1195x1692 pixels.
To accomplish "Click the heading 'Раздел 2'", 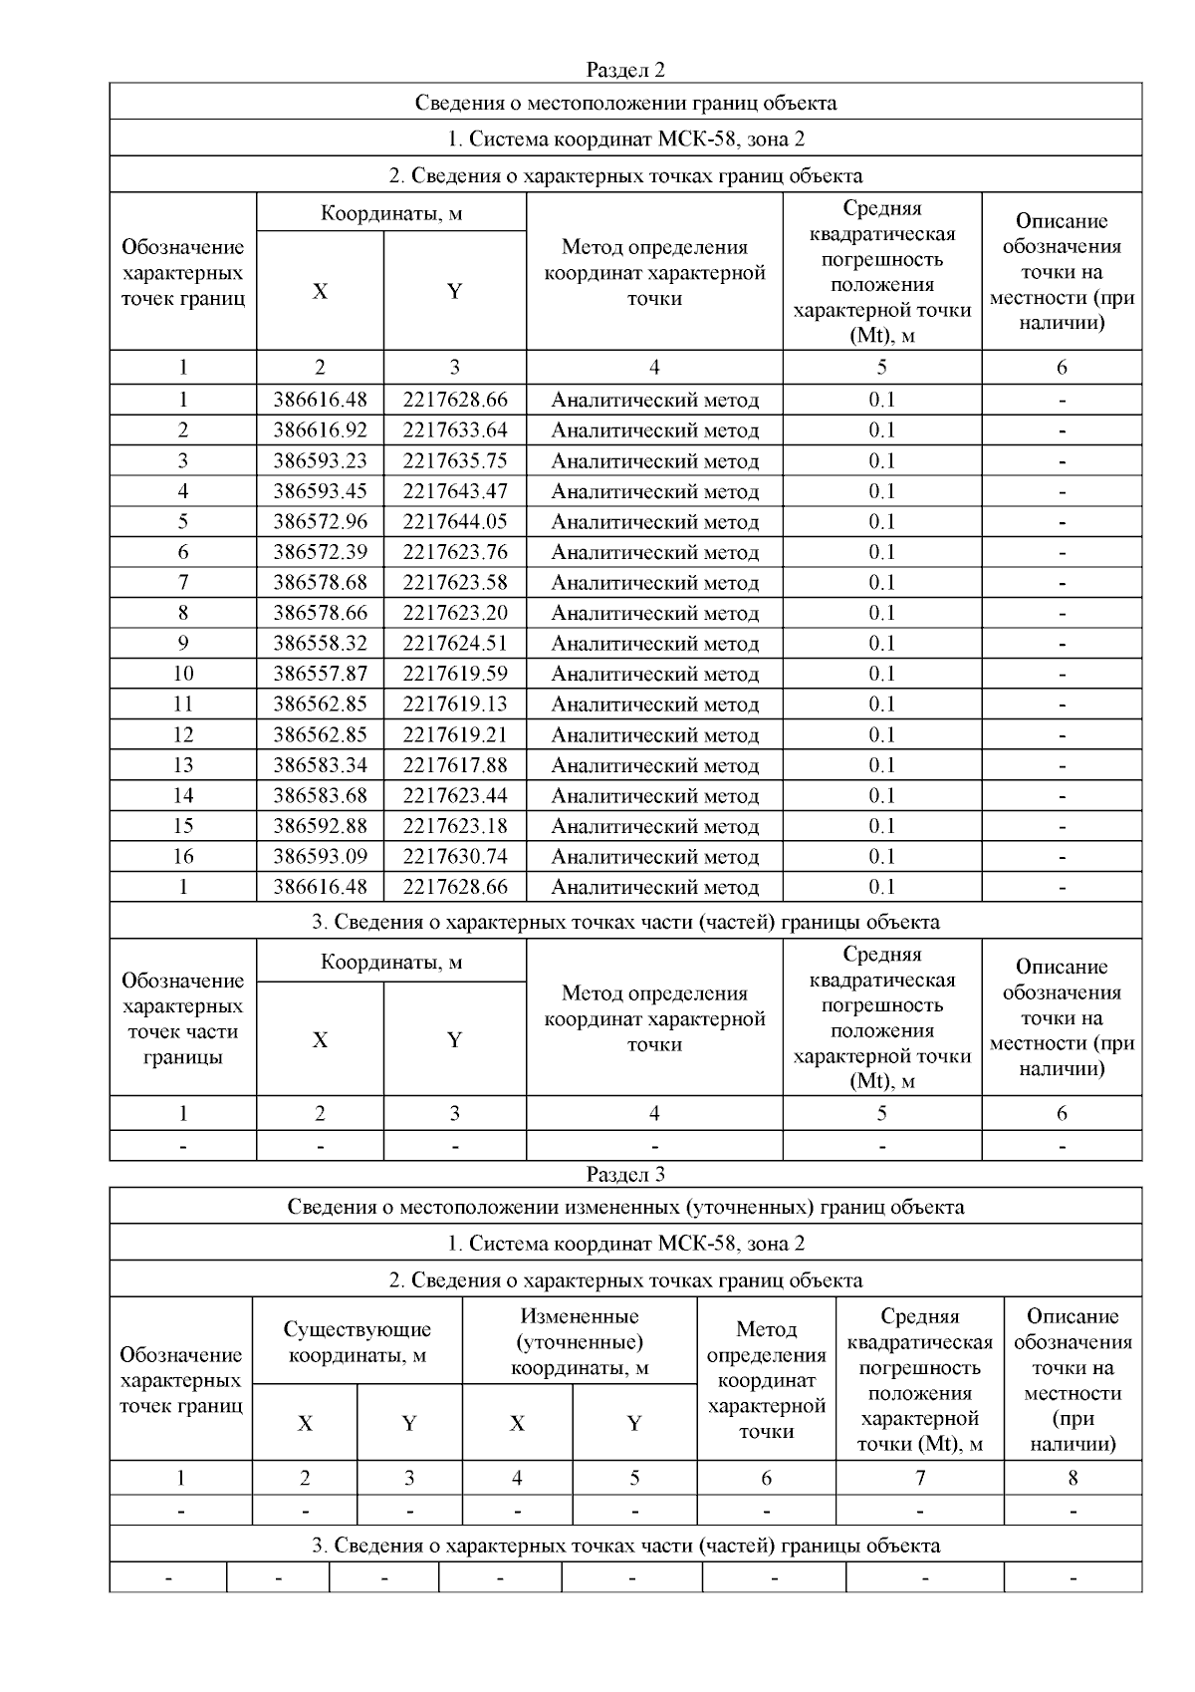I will pyautogui.click(x=624, y=70).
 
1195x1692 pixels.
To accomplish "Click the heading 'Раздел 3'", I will pyautogui.click(x=624, y=1175).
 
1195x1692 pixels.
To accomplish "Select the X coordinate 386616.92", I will pyautogui.click(x=320, y=430).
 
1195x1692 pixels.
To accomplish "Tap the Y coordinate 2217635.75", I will pyautogui.click(x=455, y=460).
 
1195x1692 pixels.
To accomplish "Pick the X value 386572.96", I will pyautogui.click(x=320, y=522).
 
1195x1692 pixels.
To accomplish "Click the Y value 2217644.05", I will pyautogui.click(x=455, y=522).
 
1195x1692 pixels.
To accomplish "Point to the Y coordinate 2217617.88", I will pyautogui.click(x=455, y=765).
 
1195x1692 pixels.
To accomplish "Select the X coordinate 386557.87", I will pyautogui.click(x=320, y=674).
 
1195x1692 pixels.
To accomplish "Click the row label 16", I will pyautogui.click(x=183, y=857).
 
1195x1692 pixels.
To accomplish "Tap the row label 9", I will pyautogui.click(x=183, y=644).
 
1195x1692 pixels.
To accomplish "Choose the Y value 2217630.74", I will pyautogui.click(x=455, y=857).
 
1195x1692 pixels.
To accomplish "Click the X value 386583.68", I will pyautogui.click(x=320, y=796).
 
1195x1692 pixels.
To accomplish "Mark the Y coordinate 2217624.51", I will pyautogui.click(x=455, y=644).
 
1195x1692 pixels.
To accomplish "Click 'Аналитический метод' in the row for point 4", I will pyautogui.click(x=654, y=491).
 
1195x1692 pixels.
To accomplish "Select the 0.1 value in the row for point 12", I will pyautogui.click(x=881, y=735).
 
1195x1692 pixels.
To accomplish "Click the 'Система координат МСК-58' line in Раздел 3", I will pyautogui.click(x=624, y=1244).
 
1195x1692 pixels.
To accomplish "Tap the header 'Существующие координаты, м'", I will pyautogui.click(x=357, y=1342).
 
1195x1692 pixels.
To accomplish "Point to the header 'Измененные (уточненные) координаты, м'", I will pyautogui.click(x=580, y=1342).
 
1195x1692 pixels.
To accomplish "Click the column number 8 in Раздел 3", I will pyautogui.click(x=1073, y=1479).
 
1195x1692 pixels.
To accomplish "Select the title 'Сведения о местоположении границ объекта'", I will pyautogui.click(x=624, y=103).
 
